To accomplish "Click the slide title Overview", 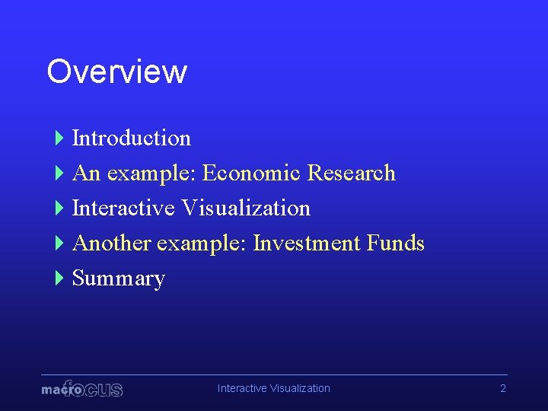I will [116, 72].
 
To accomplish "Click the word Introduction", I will [131, 138].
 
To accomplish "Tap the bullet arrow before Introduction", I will [59, 138].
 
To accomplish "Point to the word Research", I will [351, 173].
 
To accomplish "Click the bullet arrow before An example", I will [59, 173].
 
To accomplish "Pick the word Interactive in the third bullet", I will [124, 208].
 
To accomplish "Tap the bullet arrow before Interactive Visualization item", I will [59, 208].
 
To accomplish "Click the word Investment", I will [307, 243].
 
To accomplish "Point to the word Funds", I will [395, 243].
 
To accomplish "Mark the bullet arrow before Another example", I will [59, 243].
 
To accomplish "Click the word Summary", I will [118, 279].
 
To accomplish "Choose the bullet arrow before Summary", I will [59, 278].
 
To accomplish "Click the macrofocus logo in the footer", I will [81, 389].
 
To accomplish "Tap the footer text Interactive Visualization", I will [273, 388].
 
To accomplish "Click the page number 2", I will [502, 388].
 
